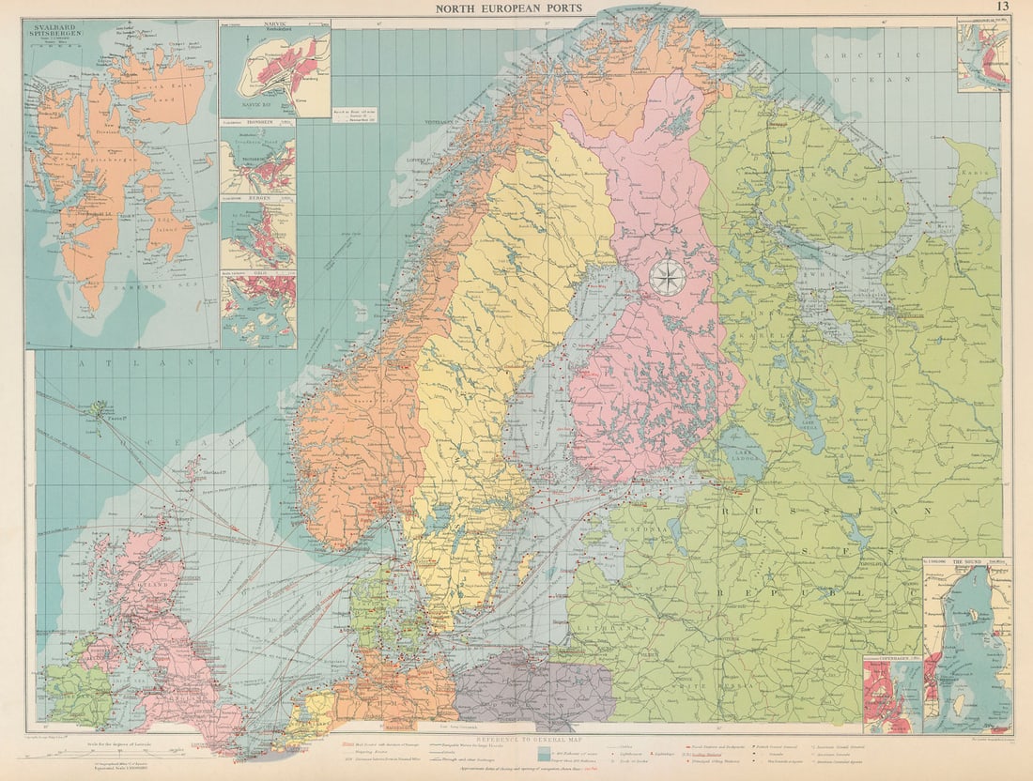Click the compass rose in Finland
click(x=668, y=278)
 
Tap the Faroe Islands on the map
click(x=98, y=411)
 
